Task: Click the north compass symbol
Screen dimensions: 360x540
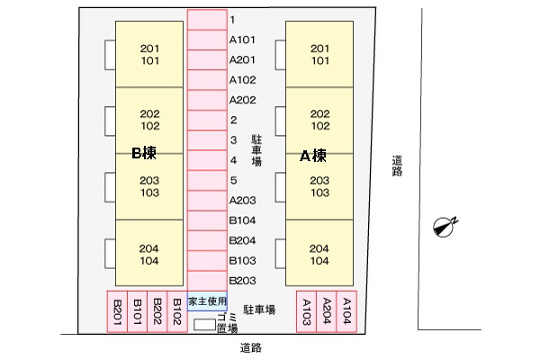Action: [443, 226]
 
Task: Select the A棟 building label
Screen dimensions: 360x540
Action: [312, 156]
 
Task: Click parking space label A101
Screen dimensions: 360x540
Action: [243, 40]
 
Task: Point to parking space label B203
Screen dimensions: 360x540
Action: [243, 280]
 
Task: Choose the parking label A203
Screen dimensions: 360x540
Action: [243, 200]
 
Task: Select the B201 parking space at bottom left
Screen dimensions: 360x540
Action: [117, 312]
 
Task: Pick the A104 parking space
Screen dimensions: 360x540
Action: [347, 312]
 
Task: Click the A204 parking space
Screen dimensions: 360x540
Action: [328, 312]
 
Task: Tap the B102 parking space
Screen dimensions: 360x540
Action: [177, 312]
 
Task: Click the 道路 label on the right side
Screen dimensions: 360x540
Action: [398, 166]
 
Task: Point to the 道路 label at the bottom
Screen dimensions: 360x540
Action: [251, 347]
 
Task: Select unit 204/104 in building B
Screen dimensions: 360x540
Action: [149, 255]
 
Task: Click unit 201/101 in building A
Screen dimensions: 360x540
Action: [319, 55]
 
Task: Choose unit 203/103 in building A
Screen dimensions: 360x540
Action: [319, 187]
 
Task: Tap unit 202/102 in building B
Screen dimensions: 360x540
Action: [149, 121]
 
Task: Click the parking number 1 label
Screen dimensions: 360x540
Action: [232, 20]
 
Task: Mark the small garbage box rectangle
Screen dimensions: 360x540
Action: [205, 322]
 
